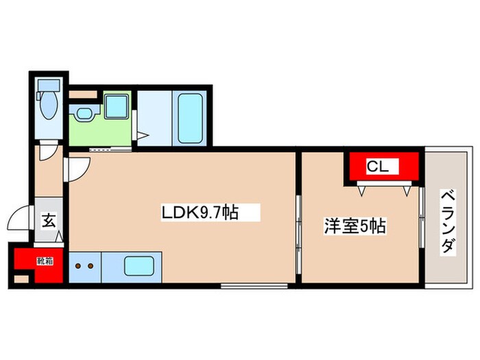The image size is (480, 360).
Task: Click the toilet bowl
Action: click(x=48, y=106)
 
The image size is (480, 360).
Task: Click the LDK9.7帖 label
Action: click(x=200, y=213)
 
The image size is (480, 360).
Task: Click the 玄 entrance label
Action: click(x=49, y=221)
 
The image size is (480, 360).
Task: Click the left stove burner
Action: click(x=78, y=265)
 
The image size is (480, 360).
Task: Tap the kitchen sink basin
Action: click(x=139, y=265)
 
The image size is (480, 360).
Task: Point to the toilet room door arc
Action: click(x=49, y=153)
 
